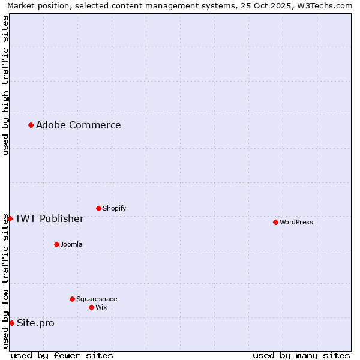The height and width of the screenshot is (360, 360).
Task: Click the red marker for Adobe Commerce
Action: [x=31, y=125]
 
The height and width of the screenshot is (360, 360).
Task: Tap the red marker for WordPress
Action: [x=275, y=222]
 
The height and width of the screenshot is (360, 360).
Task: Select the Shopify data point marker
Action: [x=98, y=208]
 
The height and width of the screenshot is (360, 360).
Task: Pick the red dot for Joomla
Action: [x=56, y=244]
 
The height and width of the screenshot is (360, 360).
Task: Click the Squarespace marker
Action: [x=72, y=299]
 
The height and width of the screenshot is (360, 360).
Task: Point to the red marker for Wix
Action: [x=91, y=307]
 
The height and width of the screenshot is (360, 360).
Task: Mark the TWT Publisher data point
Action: [x=10, y=218]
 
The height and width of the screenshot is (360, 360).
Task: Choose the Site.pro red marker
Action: [x=11, y=323]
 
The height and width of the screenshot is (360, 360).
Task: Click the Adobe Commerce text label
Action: [x=78, y=125]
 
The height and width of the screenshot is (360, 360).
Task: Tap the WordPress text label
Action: [x=296, y=222]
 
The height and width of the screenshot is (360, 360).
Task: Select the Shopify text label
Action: [x=114, y=208]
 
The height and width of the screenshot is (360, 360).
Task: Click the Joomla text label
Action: [x=71, y=244]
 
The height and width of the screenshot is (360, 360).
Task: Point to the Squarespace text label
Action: [x=97, y=299]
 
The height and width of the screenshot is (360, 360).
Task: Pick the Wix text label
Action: [x=101, y=307]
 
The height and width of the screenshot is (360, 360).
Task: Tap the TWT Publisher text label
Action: [x=49, y=218]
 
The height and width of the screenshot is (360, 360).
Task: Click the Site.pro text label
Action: [x=35, y=323]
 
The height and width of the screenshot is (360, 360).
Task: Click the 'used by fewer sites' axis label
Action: [x=62, y=356]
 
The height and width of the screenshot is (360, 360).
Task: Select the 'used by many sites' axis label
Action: [x=301, y=356]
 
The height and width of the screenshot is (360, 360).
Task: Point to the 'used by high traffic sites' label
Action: [x=5, y=85]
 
